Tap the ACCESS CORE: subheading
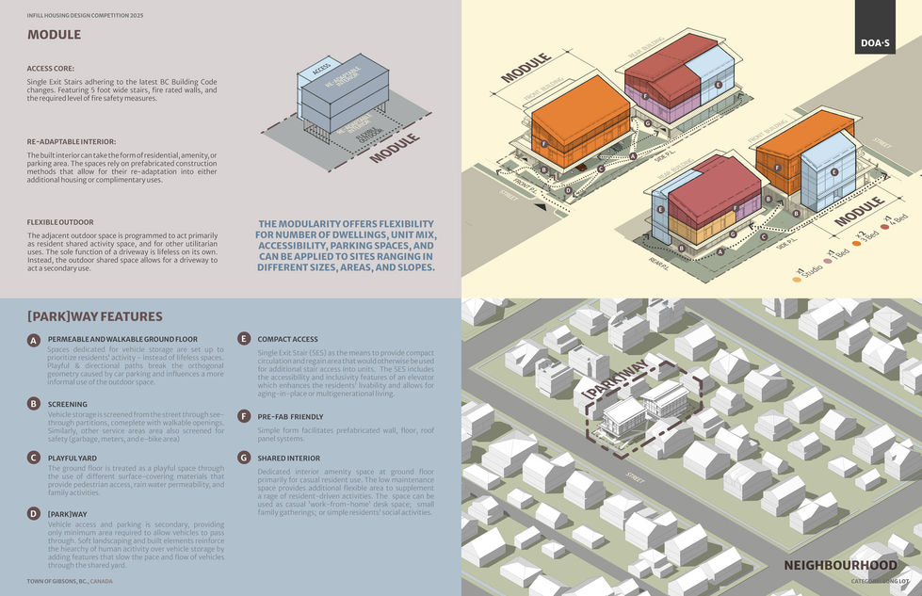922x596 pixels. tap(53, 69)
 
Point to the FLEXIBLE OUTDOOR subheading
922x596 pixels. tap(59, 222)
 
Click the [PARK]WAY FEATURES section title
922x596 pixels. tap(94, 317)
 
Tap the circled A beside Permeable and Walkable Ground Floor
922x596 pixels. tap(34, 339)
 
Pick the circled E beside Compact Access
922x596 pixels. tap(244, 339)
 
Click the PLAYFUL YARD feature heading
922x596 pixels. tap(76, 457)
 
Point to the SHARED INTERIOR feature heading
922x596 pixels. tap(289, 459)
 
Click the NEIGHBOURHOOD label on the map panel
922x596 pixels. tap(841, 565)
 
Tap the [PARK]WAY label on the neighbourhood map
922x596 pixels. tap(614, 379)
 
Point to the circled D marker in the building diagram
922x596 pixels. tap(567, 190)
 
